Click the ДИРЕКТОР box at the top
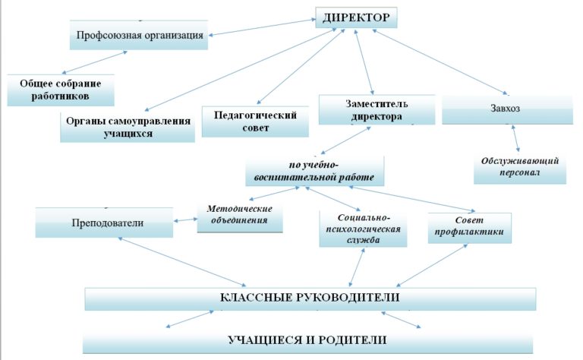356,17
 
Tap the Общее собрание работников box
61,90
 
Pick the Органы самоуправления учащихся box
128,126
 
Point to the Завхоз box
506,109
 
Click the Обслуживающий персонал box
520,167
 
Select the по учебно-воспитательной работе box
314,171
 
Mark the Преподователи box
106,223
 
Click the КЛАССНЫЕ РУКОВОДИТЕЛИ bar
310,297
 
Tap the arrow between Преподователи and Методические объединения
187,219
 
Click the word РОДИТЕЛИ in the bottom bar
351,339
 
